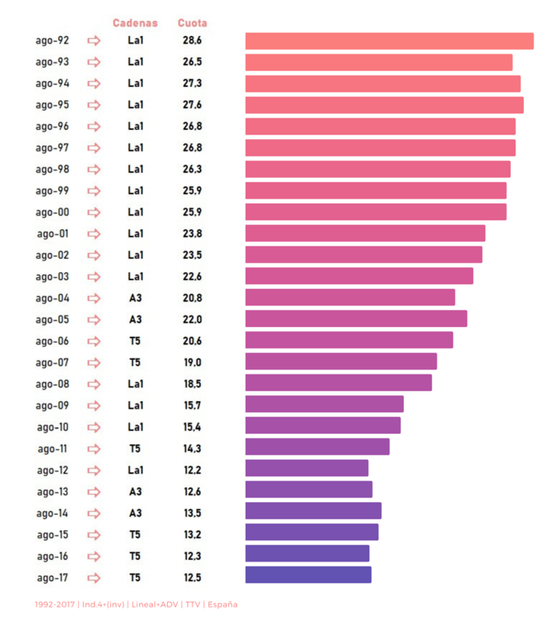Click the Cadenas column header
pos(135,23)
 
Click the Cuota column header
pos(192,23)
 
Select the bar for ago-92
pos(389,41)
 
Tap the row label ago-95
pos(52,105)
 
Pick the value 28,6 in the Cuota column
pos(192,40)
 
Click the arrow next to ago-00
pos(94,212)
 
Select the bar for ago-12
pos(306,468)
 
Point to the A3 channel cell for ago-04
pos(135,298)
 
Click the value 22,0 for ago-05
pos(192,319)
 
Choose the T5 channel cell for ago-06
pos(135,341)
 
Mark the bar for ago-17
pos(308,575)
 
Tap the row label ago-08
pos(52,384)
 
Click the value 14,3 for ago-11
pos(192,449)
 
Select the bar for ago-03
pos(359,276)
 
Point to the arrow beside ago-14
pos(94,513)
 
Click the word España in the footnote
pos(223,604)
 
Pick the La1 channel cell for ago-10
pos(135,427)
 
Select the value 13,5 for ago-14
pos(192,513)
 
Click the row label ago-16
pos(52,556)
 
